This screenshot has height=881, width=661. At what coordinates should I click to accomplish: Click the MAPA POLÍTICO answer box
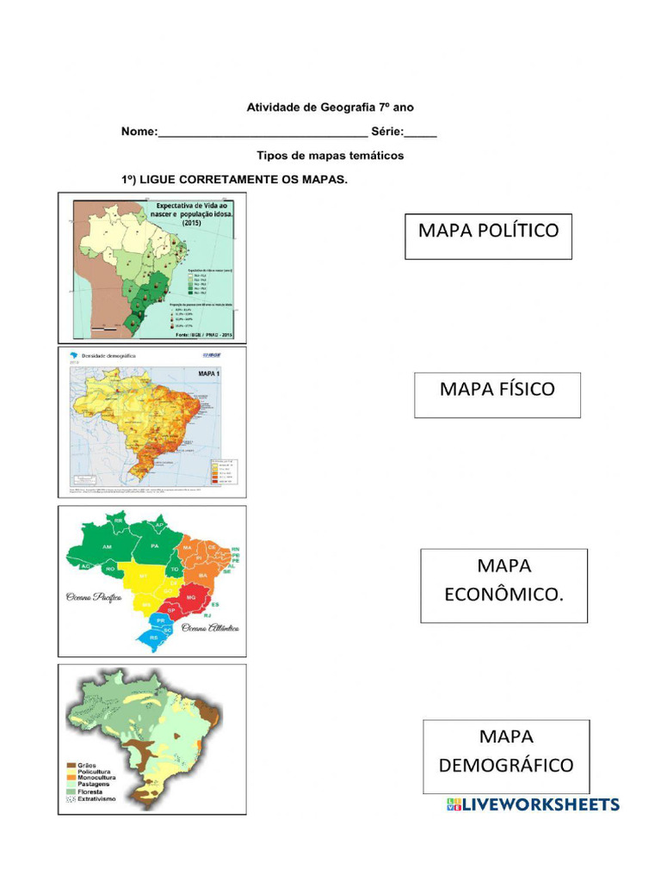pyautogui.click(x=488, y=236)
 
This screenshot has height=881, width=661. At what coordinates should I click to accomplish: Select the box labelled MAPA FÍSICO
pyautogui.click(x=497, y=395)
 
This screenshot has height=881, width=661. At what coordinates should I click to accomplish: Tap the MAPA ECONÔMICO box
pyautogui.click(x=503, y=585)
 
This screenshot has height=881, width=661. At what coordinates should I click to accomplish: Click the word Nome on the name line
pyautogui.click(x=138, y=132)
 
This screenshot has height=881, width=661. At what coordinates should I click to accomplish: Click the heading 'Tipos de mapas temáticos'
pyautogui.click(x=330, y=156)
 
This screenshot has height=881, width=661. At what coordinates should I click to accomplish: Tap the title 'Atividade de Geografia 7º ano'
pyautogui.click(x=330, y=108)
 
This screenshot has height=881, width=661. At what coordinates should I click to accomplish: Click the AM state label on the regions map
pyautogui.click(x=107, y=547)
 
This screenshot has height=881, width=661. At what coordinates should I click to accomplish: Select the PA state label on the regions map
pyautogui.click(x=155, y=545)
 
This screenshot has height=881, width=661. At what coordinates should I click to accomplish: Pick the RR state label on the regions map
pyautogui.click(x=119, y=520)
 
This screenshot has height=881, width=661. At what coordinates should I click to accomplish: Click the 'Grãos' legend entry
pyautogui.click(x=86, y=764)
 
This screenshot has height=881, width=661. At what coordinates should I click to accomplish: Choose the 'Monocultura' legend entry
pyautogui.click(x=96, y=778)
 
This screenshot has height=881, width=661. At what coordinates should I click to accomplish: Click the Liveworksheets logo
pyautogui.click(x=533, y=804)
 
